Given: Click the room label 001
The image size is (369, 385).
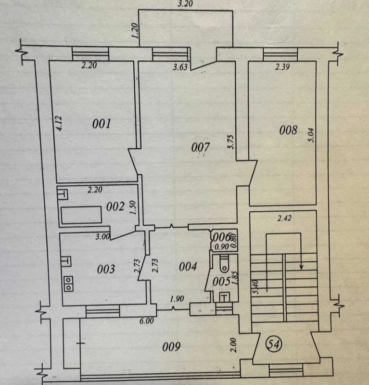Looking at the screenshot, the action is [x=102, y=124].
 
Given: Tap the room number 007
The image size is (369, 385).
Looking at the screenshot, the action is [x=200, y=147].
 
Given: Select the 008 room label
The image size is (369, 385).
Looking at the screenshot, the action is [x=288, y=130].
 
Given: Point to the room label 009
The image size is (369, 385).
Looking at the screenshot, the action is [x=171, y=346].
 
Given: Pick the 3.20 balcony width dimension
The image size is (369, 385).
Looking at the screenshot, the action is [x=185, y=4].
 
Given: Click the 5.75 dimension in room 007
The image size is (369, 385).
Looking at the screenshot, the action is [x=231, y=142].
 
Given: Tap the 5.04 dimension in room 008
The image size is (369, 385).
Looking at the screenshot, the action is [x=311, y=135].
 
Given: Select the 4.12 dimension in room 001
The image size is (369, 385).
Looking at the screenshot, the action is [x=59, y=123].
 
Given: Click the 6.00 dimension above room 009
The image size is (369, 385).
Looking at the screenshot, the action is [x=147, y=321].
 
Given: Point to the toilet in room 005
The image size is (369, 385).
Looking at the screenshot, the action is [x=224, y=264].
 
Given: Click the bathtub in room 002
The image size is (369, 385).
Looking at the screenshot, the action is [x=81, y=215].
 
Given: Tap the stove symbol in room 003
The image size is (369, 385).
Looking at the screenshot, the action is [x=68, y=284].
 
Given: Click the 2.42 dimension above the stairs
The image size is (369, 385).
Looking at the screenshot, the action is [x=284, y=218].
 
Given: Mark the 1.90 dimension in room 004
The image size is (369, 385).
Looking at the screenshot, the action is [x=177, y=299].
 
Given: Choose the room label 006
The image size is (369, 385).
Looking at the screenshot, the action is [x=222, y=237].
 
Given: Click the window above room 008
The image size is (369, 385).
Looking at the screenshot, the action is [x=280, y=54].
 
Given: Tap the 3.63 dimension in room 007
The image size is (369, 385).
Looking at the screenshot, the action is [x=180, y=67].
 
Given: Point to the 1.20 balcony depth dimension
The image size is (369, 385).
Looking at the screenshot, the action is [x=135, y=30].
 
